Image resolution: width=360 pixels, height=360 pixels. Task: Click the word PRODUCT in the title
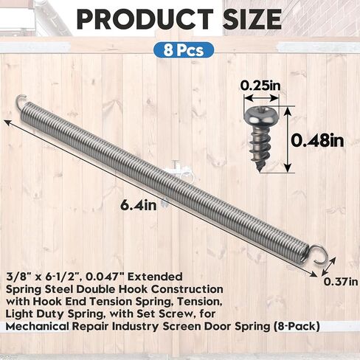pyautogui.click(x=137, y=20)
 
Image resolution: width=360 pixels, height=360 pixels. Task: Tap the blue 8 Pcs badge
pyautogui.click(x=181, y=51)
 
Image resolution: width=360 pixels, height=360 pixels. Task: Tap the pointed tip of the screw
pyautogui.click(x=260, y=168)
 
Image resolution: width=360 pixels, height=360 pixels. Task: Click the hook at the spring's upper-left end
pyautogui.click(x=21, y=102)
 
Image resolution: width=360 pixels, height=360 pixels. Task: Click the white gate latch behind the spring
pyautogui.click(x=179, y=170)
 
